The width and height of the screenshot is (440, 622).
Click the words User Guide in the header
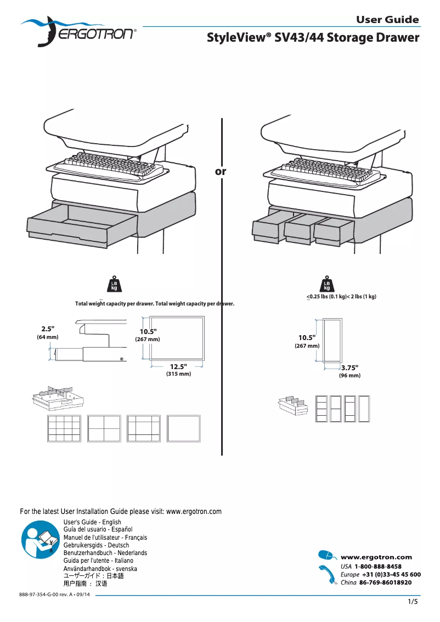(x=387, y=20)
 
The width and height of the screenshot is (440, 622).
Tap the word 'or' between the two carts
(x=221, y=172)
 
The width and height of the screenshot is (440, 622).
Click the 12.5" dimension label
(x=178, y=366)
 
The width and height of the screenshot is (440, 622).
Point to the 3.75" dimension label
(x=349, y=368)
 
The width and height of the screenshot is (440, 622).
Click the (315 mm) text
(x=178, y=374)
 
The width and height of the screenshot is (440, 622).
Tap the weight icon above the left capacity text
(x=114, y=285)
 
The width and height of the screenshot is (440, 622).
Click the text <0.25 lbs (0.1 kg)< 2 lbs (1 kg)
(x=341, y=297)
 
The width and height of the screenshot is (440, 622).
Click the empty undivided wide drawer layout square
(x=184, y=428)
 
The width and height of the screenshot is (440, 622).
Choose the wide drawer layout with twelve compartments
(x=64, y=428)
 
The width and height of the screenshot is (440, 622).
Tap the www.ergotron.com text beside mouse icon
(x=376, y=557)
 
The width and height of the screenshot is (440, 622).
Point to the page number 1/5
(x=413, y=602)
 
